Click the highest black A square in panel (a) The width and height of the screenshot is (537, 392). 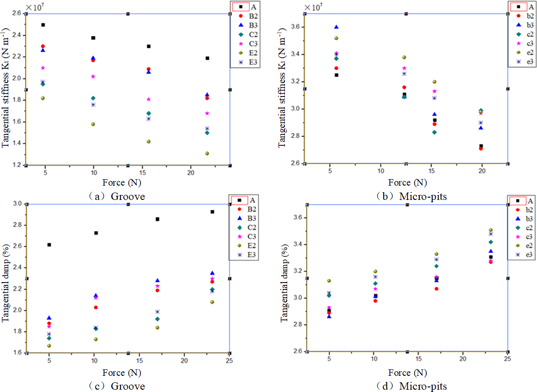pyautogui.click(x=43, y=25)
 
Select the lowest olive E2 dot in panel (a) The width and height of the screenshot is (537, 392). pyautogui.click(x=207, y=153)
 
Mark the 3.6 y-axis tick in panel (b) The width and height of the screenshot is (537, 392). pyautogui.click(x=294, y=27)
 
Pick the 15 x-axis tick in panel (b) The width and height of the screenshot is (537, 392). pyautogui.click(x=431, y=171)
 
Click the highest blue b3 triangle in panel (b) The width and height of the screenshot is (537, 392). pyautogui.click(x=336, y=27)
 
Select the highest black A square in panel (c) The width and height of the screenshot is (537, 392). pyautogui.click(x=212, y=211)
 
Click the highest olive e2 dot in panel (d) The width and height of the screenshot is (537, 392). pyautogui.click(x=490, y=230)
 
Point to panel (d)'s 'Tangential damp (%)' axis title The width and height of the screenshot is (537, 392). pyautogui.click(x=284, y=278)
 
